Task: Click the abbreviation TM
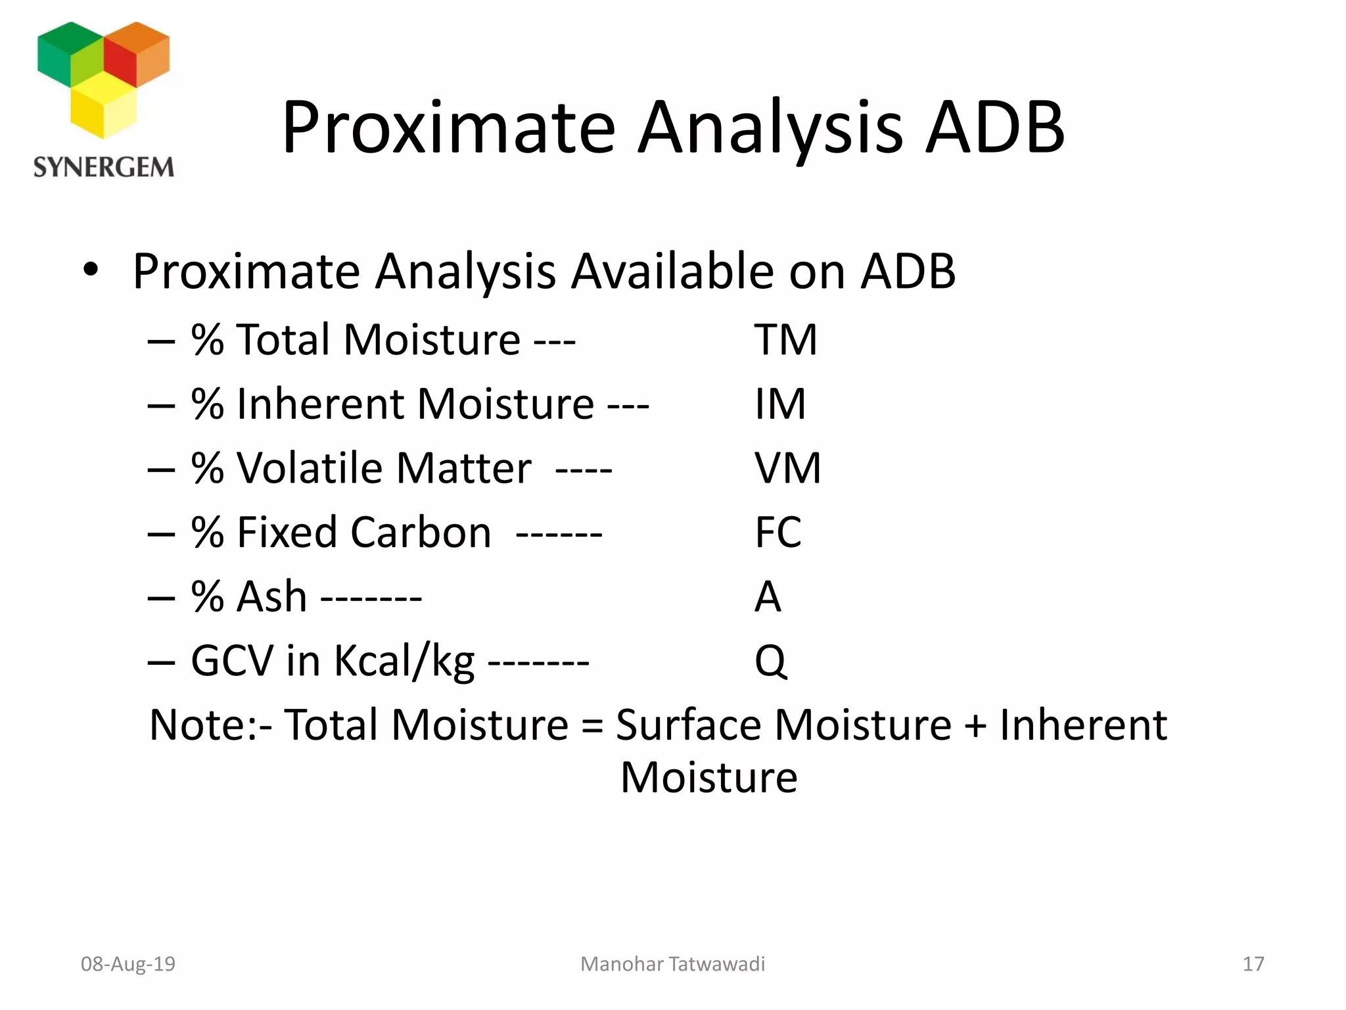coord(785,341)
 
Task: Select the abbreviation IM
coord(779,404)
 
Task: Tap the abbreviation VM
coord(787,469)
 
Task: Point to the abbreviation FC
coord(778,533)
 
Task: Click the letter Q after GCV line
coord(770,661)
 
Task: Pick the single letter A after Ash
coord(768,597)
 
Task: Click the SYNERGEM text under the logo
coord(104,168)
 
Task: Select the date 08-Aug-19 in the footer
coord(128,964)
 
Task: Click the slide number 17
coord(1253,964)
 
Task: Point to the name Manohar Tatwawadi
coord(672,964)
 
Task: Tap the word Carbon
coord(421,533)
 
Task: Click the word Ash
coord(271,597)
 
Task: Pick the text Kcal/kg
coord(404,661)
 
